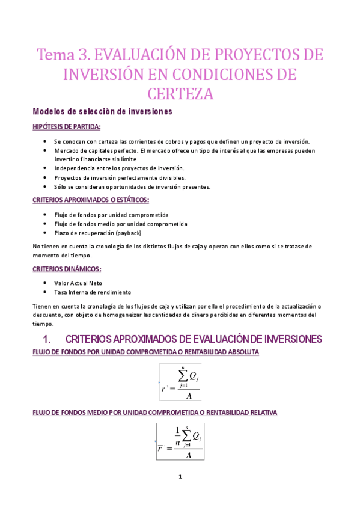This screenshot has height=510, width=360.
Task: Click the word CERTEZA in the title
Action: tap(180, 94)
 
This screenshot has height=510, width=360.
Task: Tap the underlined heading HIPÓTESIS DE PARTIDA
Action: tap(66, 126)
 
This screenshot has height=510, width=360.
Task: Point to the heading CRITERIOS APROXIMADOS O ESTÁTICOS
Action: tap(91, 200)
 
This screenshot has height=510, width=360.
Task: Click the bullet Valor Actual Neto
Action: tap(84, 282)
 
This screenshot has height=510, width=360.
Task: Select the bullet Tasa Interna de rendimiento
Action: tap(92, 292)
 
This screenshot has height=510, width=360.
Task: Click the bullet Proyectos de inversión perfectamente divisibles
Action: tap(120, 177)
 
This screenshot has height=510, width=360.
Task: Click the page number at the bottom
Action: tap(180, 477)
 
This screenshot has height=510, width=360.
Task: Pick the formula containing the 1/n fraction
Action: tap(180, 442)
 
